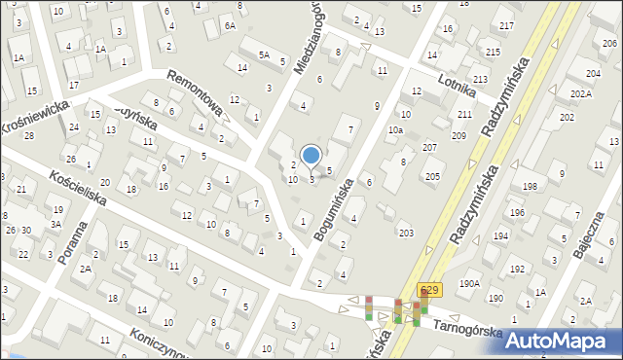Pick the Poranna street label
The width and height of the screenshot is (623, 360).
pos(74,246)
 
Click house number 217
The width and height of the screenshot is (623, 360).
pos(506,24)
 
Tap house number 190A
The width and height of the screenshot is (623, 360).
pos(470,283)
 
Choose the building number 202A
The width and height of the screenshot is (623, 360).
pos(581,93)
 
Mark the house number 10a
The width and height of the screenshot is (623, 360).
pos(395,129)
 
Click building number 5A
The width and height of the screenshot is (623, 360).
pos(264,55)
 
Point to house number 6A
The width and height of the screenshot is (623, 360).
pos(230,26)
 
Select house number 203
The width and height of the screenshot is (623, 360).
pos(405,232)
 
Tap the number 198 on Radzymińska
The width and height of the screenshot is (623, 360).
pos(530,185)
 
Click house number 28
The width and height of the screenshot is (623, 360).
pos(28,135)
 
